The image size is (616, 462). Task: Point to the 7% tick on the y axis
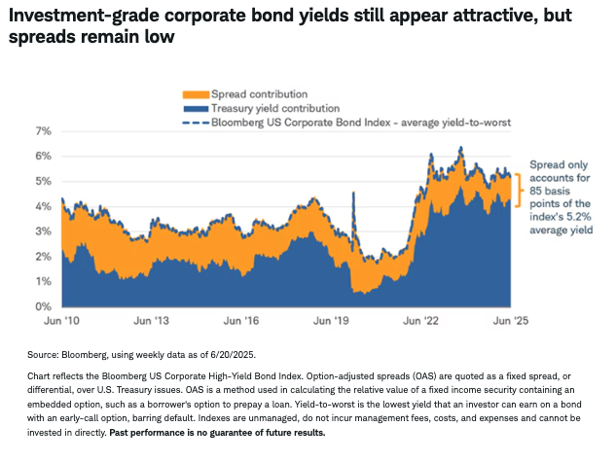(x=43, y=130)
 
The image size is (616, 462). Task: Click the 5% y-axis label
(x=43, y=181)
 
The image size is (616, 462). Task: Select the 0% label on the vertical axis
(x=43, y=306)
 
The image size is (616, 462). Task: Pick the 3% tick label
(x=43, y=231)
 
